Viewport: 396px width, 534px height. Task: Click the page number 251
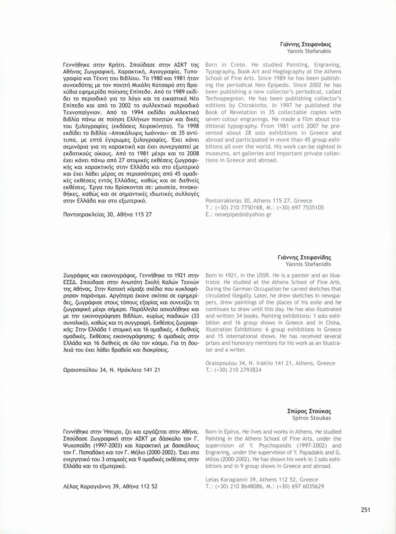[x=365, y=509]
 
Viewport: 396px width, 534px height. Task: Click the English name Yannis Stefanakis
[x=309, y=51]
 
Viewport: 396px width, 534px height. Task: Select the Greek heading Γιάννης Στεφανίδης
[x=304, y=257]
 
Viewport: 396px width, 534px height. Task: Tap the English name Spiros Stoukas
[x=311, y=418]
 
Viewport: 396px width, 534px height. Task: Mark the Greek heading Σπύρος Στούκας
[x=309, y=411]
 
